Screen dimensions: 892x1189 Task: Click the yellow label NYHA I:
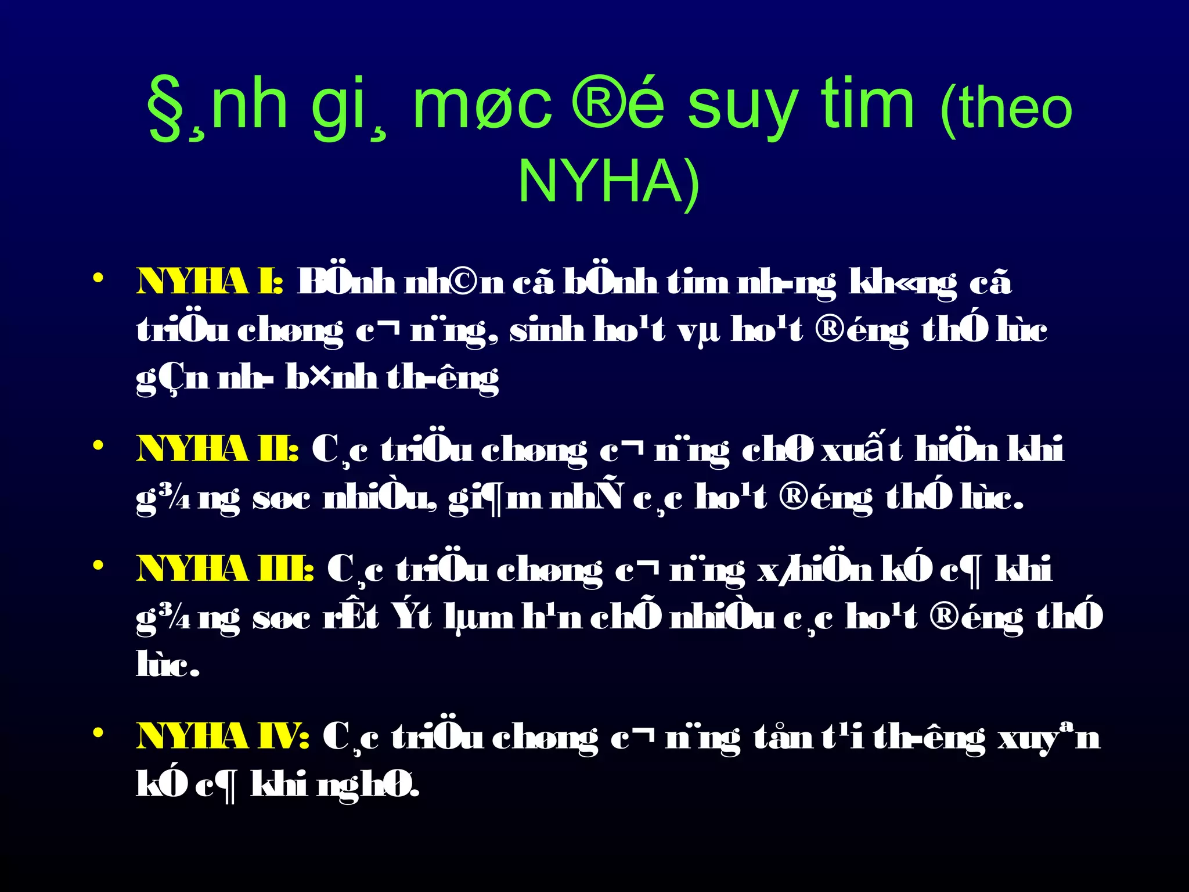click(210, 283)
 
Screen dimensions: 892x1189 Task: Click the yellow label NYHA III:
click(225, 569)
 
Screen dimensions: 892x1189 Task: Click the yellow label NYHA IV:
click(222, 737)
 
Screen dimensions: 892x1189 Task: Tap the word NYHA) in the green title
click(609, 181)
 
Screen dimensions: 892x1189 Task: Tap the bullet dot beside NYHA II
click(98, 445)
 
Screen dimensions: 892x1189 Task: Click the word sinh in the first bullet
click(546, 330)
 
